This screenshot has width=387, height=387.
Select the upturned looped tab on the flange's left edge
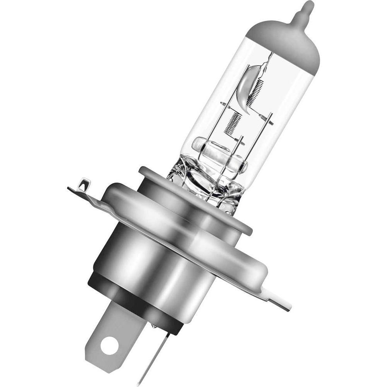[x=82, y=185]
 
